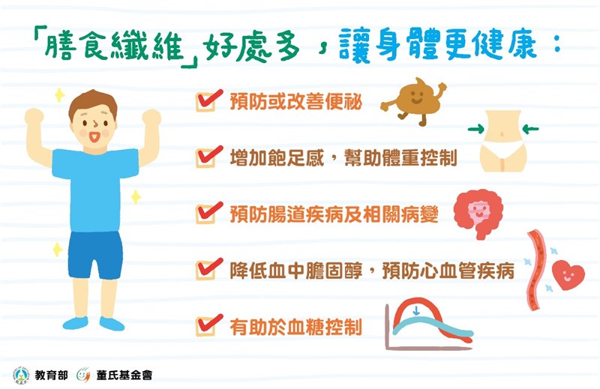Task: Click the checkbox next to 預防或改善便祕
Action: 205,103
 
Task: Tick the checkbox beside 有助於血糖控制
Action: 205,327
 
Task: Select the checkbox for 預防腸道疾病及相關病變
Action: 205,214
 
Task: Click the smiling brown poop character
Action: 414,100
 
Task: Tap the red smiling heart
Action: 568,275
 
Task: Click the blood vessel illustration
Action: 535,270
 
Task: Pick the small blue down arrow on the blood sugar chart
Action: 416,310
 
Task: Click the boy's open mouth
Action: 94,136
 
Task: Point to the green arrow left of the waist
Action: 476,129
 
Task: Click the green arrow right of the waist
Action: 530,129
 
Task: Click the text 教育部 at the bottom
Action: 51,375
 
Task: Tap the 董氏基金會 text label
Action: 124,375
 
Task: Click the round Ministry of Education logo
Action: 21,375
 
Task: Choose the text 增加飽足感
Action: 277,158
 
